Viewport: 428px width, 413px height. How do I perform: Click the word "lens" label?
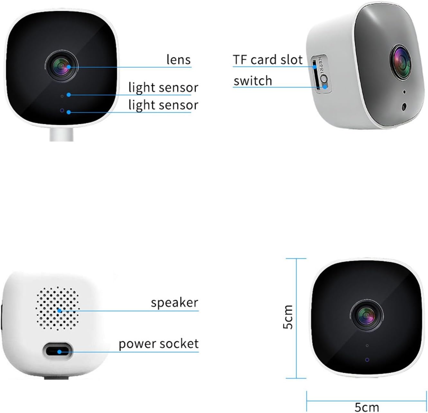coord(178,59)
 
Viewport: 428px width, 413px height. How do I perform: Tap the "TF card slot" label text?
coord(268,60)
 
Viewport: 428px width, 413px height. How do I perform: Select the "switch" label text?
coord(253,81)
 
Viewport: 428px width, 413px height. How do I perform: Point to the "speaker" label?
coord(175,302)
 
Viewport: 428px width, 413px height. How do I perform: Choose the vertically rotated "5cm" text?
coord(288,317)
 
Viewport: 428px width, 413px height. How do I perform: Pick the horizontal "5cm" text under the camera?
coord(367,407)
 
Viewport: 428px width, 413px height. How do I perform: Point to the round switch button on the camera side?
coord(324,79)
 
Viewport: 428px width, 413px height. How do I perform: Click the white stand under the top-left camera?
coord(61,135)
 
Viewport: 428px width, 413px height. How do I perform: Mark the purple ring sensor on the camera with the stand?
coord(62,111)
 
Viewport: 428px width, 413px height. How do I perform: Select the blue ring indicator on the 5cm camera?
coord(367,360)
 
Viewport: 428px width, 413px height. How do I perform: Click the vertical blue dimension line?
coord(296,318)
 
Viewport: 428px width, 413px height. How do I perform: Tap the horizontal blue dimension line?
coord(367,400)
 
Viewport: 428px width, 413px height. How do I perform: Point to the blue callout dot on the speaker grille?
coord(59,310)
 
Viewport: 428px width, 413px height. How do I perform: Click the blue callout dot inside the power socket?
coord(59,352)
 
